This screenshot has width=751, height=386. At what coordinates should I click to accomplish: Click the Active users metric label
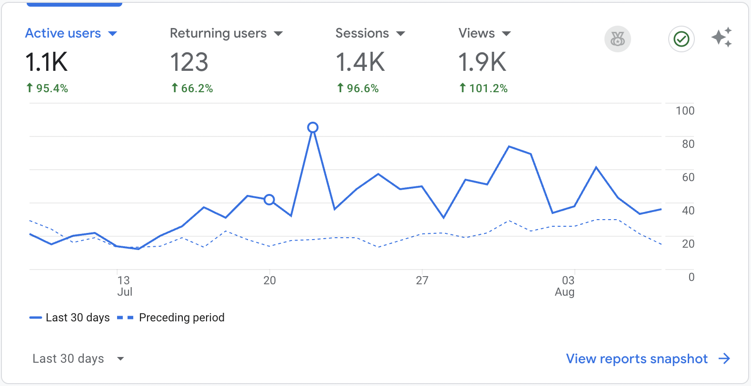[x=63, y=33]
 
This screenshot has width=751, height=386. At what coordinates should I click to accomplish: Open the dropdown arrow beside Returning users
[x=278, y=34]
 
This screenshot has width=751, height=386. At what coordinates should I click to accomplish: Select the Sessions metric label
[x=362, y=33]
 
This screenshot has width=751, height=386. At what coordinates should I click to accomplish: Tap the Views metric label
[x=476, y=33]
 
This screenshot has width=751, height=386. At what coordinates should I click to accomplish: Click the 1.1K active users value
[x=46, y=62]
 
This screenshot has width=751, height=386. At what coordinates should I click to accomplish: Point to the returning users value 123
[x=189, y=62]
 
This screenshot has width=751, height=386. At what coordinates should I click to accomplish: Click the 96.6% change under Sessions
[x=358, y=88]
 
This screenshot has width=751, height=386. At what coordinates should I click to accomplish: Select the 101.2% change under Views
[x=484, y=88]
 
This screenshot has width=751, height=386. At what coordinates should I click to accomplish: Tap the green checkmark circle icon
[x=682, y=39]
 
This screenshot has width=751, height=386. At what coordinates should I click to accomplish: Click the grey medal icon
[x=618, y=39]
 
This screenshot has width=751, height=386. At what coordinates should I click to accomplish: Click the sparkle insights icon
[x=721, y=38]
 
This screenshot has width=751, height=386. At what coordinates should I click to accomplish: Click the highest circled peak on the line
[x=313, y=127]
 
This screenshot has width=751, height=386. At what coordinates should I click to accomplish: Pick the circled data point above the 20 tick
[x=269, y=200]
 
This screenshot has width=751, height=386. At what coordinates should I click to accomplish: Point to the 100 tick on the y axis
[x=685, y=111]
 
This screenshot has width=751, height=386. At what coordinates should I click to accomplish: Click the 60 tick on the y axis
[x=688, y=177]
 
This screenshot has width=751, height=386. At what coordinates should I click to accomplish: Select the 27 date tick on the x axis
[x=422, y=280]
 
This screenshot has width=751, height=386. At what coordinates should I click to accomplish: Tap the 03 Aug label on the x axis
[x=565, y=286]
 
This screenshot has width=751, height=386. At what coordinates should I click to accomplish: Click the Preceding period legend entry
[x=181, y=318]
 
